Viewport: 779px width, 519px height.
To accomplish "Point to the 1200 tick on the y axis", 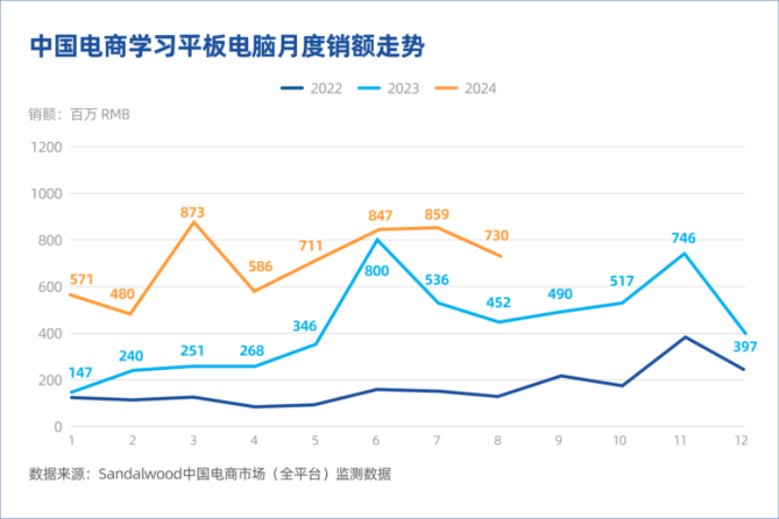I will pyautogui.click(x=46, y=147).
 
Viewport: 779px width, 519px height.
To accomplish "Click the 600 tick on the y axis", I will pyautogui.click(x=50, y=287).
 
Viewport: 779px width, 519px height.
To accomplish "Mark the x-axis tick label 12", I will pyautogui.click(x=740, y=440).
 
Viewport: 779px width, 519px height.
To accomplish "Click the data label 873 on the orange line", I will pyautogui.click(x=193, y=211).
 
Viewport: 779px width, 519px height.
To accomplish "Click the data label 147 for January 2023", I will pyautogui.click(x=81, y=373).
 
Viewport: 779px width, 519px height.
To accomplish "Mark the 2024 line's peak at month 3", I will pyautogui.click(x=194, y=222).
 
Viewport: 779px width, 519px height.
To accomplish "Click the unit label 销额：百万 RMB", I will pyautogui.click(x=79, y=115).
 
